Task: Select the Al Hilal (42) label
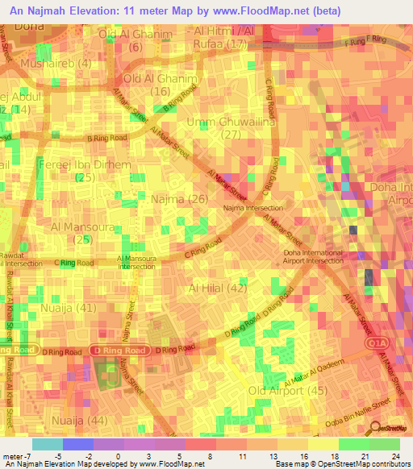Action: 218,288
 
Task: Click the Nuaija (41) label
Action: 71,307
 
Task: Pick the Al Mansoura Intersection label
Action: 137,264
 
